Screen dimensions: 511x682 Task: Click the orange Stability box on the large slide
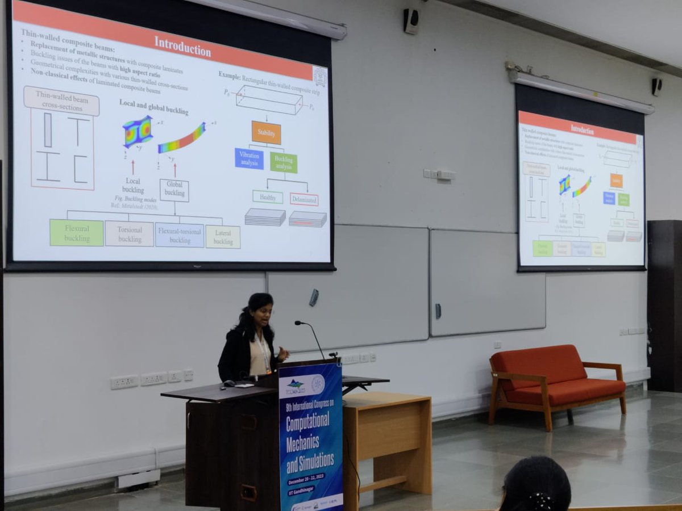[x=266, y=132]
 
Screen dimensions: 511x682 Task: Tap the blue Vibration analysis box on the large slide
[x=249, y=158]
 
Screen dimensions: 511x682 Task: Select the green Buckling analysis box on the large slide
[x=283, y=162]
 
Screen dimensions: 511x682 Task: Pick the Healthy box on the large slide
[x=267, y=196]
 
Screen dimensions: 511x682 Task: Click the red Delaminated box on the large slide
[x=304, y=199]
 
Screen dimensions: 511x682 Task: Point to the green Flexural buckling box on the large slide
[x=76, y=233]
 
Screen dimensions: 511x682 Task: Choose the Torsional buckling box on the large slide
[x=129, y=234]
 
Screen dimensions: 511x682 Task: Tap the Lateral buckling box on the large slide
[x=223, y=237]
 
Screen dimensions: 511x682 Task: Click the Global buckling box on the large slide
[x=174, y=191]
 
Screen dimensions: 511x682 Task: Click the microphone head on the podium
[x=298, y=323]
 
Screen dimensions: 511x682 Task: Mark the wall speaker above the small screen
[x=656, y=86]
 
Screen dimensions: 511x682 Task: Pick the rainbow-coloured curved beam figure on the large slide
[x=181, y=139]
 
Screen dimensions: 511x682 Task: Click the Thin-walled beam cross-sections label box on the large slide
[x=61, y=101]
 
